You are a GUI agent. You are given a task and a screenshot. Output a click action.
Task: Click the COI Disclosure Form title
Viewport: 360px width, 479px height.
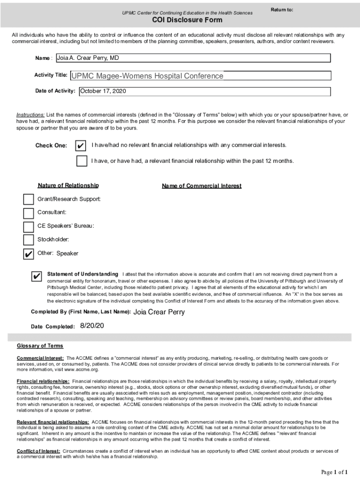(x=187, y=20)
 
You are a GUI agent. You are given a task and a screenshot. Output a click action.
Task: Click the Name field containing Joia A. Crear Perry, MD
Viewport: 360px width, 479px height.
(x=193, y=58)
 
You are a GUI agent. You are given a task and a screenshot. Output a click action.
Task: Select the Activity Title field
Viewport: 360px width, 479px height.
(x=200, y=76)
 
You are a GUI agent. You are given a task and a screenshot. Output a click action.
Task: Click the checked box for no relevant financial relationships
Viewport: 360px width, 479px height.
(x=81, y=145)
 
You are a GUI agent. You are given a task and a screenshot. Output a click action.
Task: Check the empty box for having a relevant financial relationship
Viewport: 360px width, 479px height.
(x=81, y=161)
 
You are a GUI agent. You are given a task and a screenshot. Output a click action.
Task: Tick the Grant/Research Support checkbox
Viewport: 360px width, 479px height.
(x=29, y=199)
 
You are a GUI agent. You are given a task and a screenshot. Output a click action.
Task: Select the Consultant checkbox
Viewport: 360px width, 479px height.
(x=29, y=213)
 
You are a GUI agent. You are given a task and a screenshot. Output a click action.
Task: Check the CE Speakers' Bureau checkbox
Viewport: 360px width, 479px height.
(x=29, y=227)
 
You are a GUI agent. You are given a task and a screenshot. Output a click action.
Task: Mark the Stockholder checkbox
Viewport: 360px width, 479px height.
(x=29, y=240)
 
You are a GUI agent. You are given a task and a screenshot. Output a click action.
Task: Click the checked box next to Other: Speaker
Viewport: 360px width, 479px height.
(x=29, y=254)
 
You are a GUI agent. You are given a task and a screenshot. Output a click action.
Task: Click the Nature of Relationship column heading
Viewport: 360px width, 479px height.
(x=68, y=186)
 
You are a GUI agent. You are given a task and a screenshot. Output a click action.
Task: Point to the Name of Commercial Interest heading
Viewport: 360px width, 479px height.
(x=202, y=186)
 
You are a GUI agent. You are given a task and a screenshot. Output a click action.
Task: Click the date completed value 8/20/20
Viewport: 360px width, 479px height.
(x=92, y=326)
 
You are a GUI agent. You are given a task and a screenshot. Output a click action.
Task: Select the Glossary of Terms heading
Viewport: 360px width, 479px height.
(x=40, y=346)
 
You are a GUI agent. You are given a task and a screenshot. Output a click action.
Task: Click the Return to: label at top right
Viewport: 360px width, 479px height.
(x=282, y=10)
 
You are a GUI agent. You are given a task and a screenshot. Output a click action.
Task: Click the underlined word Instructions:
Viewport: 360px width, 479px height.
(x=31, y=115)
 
